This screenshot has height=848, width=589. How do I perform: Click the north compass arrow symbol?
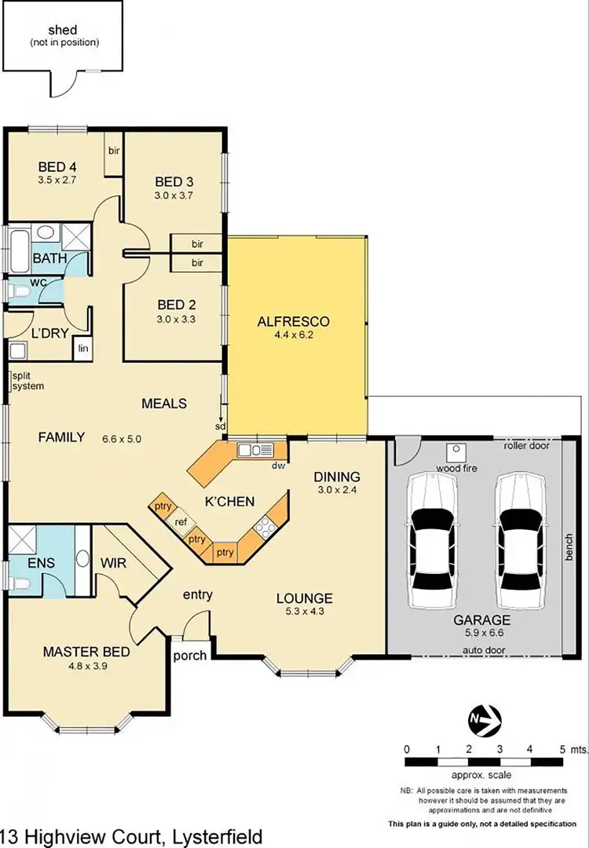click(x=485, y=717)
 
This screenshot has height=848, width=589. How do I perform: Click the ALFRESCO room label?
click(x=293, y=321)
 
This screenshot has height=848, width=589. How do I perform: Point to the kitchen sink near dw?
click(x=255, y=450)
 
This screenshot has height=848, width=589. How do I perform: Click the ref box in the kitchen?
click(x=181, y=522)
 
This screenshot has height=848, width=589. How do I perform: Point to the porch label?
click(x=189, y=656)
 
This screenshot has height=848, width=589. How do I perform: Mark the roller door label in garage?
click(x=526, y=445)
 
